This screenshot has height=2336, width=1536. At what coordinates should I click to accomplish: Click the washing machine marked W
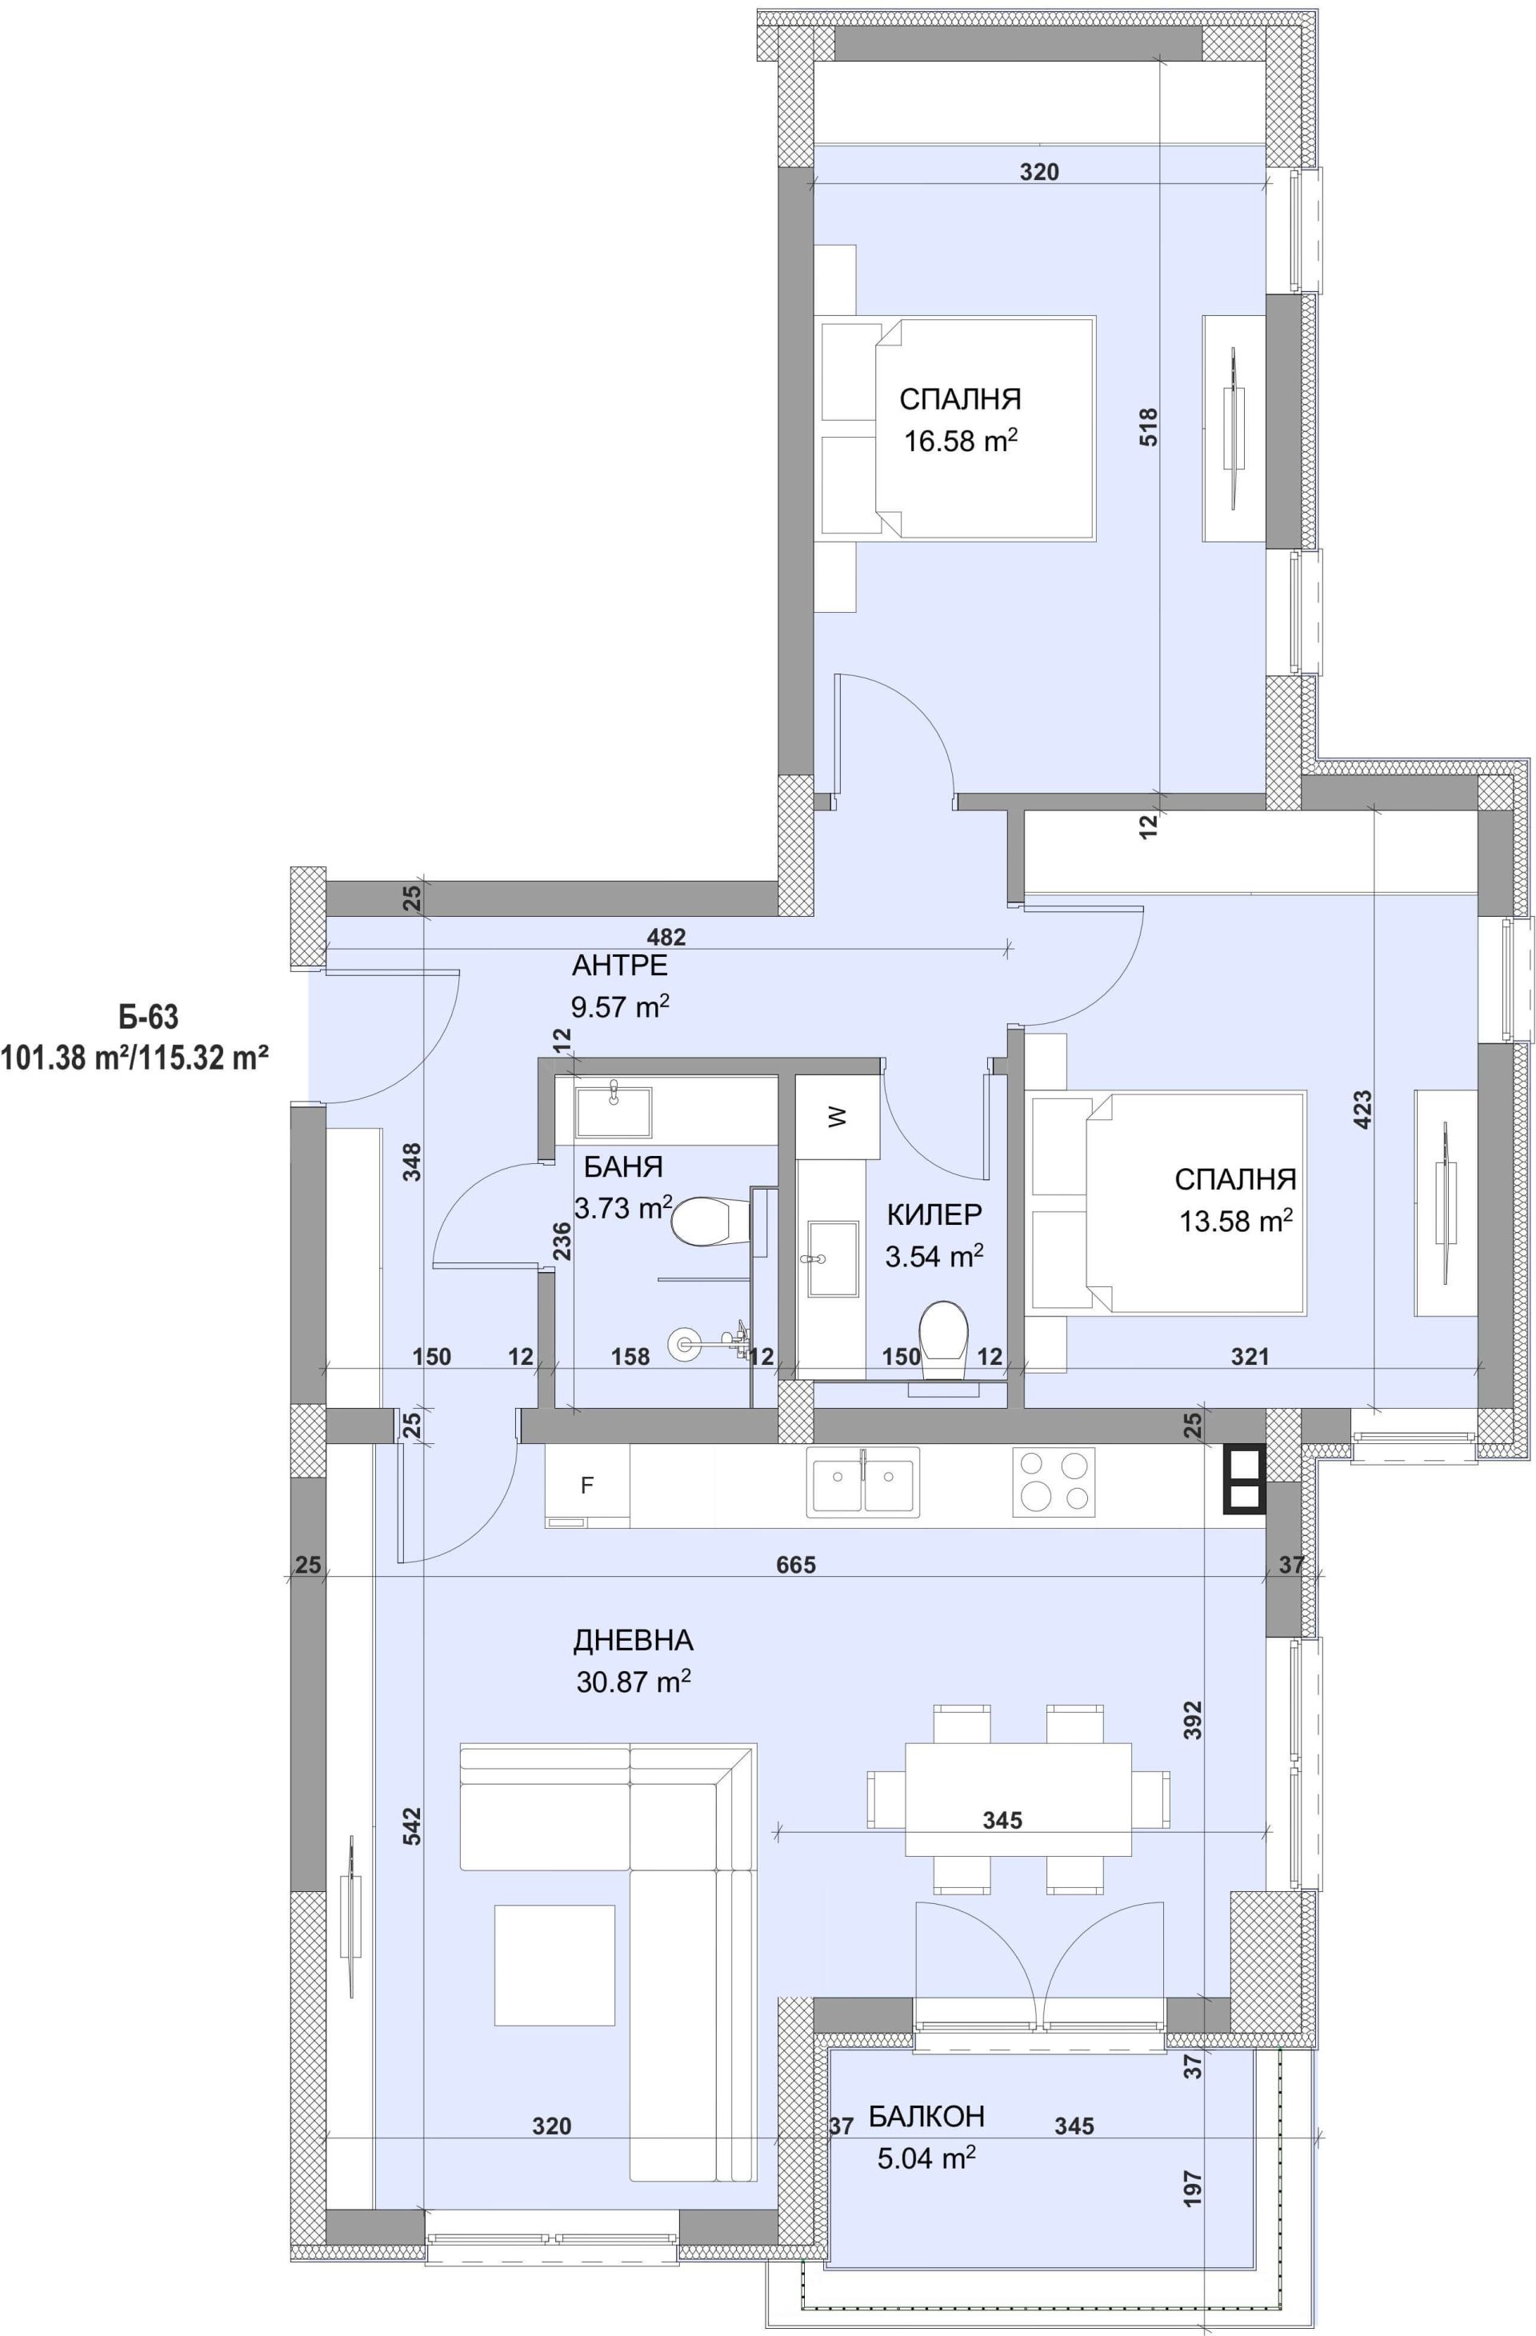point(836,1117)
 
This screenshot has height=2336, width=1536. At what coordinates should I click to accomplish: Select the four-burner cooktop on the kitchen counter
point(1053,1482)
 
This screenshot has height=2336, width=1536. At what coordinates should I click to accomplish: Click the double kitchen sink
point(864,1482)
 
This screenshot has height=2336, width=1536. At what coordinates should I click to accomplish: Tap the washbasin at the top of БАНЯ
point(614,1111)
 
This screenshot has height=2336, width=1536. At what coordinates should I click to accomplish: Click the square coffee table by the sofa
point(554,1965)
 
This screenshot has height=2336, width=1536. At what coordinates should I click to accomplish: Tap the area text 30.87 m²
point(634,1682)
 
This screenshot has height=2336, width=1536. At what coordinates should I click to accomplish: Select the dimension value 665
point(796,1565)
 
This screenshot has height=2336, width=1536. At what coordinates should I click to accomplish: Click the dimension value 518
point(1148,427)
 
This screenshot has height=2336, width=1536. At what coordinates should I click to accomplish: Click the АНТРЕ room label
point(619,965)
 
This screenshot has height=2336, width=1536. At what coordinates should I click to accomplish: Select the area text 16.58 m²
point(960,441)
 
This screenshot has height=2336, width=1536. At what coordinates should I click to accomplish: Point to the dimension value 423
point(1362,1109)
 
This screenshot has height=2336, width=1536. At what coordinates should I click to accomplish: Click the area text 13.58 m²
point(1236,1221)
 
